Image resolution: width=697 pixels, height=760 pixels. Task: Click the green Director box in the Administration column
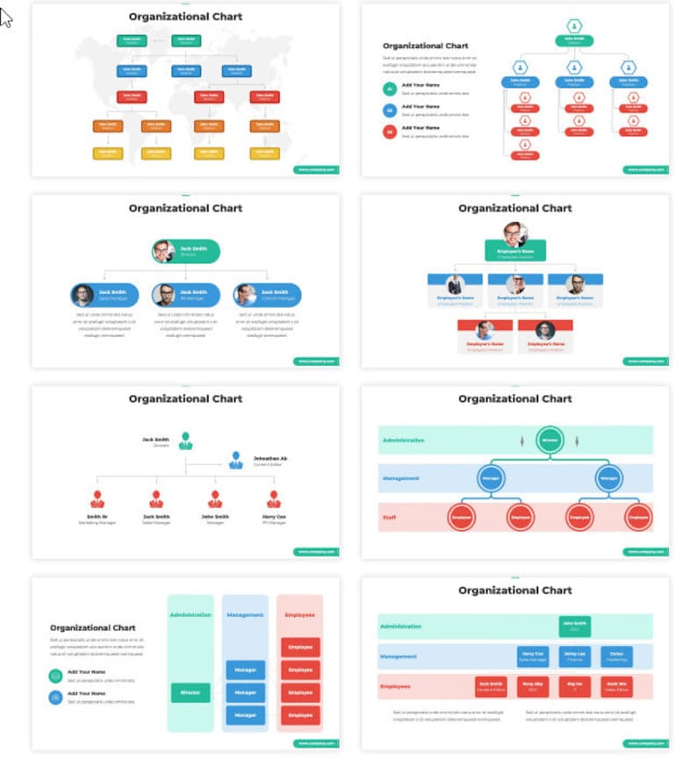click(x=190, y=692)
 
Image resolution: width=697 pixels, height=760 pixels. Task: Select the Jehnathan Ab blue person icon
click(x=235, y=460)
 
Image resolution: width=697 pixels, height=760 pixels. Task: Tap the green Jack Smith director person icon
click(x=185, y=440)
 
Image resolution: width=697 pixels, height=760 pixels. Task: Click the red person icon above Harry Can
click(x=274, y=499)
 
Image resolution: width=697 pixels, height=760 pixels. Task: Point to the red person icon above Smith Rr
click(x=97, y=499)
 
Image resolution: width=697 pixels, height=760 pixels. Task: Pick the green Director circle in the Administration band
click(x=550, y=439)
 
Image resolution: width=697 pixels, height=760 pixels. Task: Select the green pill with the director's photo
click(x=185, y=252)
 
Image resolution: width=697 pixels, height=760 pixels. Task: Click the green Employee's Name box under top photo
click(x=515, y=252)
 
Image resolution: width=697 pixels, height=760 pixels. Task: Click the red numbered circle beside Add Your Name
click(x=390, y=132)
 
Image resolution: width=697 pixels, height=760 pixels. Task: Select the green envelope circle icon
click(x=56, y=676)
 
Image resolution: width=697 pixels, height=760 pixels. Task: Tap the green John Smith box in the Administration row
click(x=574, y=626)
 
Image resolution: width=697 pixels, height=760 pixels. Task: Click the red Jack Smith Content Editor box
click(x=491, y=685)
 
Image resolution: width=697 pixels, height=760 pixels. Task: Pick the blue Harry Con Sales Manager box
click(x=533, y=656)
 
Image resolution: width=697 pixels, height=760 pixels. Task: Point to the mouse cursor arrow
click(x=6, y=18)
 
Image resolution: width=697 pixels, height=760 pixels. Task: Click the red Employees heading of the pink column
click(x=299, y=615)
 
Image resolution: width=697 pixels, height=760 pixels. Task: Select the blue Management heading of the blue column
click(x=245, y=615)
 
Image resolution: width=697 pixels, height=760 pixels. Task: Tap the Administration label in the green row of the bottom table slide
click(x=400, y=627)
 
